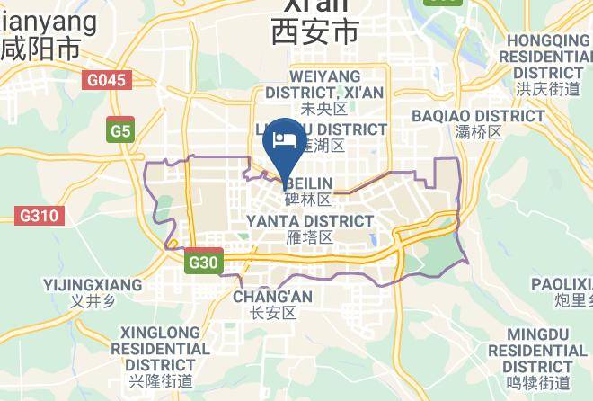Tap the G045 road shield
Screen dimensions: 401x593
click(x=107, y=80)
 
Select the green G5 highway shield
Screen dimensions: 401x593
click(x=119, y=131)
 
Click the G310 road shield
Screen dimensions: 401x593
click(x=38, y=216)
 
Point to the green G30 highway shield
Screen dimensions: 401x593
click(x=204, y=263)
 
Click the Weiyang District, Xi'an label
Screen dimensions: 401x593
click(x=324, y=84)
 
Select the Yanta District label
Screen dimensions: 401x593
click(x=309, y=221)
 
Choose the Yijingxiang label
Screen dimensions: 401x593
click(x=93, y=285)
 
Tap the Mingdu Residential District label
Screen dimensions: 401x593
click(x=535, y=351)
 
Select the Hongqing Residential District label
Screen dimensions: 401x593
click(x=548, y=56)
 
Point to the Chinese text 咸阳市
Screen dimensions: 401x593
click(x=40, y=48)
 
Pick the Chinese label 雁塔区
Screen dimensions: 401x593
click(x=309, y=237)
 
